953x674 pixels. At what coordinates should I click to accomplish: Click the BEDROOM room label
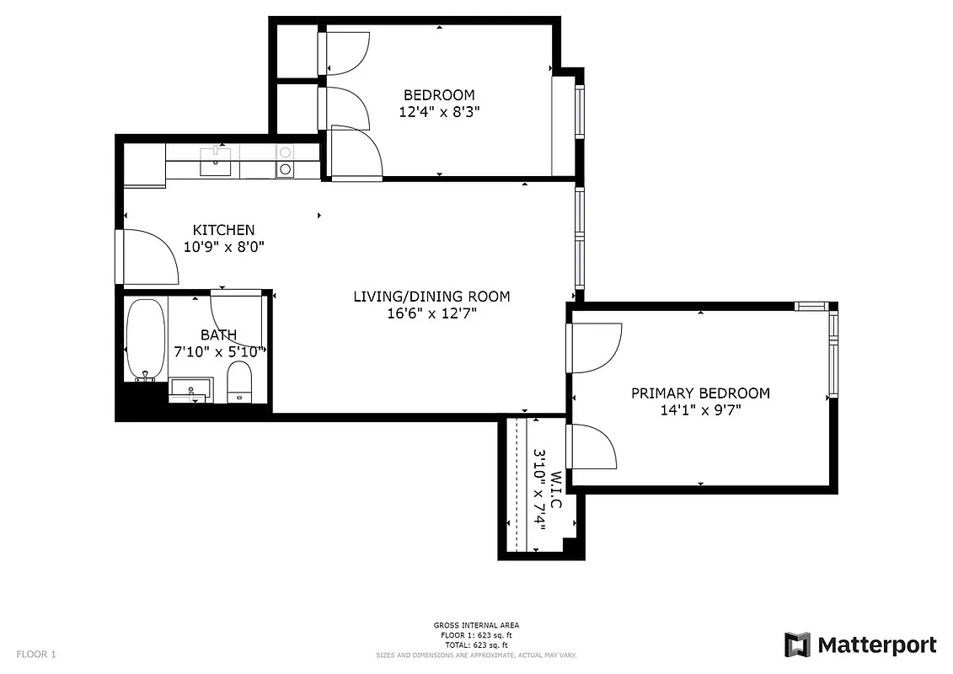[x=438, y=95]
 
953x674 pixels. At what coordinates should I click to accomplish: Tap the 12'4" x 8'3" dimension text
[x=438, y=111]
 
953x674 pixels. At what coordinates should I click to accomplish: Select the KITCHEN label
[x=223, y=230]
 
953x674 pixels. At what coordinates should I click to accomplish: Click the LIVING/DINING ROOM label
[x=431, y=297]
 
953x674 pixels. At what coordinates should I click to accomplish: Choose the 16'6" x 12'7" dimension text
[x=431, y=313]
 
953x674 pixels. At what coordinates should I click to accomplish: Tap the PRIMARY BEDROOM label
[x=700, y=393]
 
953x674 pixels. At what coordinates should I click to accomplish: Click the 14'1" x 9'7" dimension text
[x=701, y=410]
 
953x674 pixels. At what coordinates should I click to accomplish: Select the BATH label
[x=218, y=335]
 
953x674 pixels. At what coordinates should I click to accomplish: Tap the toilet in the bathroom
[x=240, y=382]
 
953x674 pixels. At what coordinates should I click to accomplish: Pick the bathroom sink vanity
[x=190, y=390]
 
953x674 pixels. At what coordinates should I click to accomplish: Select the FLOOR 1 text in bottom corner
[x=36, y=654]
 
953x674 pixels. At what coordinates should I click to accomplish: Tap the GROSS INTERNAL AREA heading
[x=476, y=625]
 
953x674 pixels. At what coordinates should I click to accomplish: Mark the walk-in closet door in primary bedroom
[x=594, y=447]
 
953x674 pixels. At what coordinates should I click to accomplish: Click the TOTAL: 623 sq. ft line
[x=476, y=644]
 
